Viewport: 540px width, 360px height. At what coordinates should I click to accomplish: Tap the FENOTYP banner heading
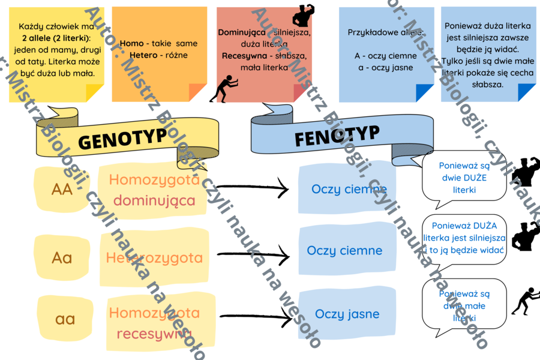pos(337,136)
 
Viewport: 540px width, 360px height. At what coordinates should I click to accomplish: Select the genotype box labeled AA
pos(62,190)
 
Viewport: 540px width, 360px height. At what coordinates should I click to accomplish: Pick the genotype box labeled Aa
pos(62,258)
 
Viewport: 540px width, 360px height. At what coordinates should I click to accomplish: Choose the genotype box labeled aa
pos(65,319)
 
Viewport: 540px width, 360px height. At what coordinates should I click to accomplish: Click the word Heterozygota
pos(154,258)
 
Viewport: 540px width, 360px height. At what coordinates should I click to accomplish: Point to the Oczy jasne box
pos(347,313)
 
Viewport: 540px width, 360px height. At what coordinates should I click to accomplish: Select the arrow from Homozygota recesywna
pos(255,316)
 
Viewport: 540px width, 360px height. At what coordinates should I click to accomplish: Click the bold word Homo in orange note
pos(131,43)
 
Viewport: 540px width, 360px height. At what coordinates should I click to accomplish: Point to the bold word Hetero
pos(134,55)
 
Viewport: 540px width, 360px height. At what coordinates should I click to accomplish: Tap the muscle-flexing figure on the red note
pos(303,15)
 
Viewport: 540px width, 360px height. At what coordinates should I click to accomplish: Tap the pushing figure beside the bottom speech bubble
pos(525,301)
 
